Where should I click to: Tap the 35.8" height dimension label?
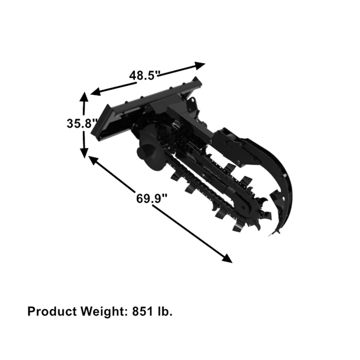tap(82, 123)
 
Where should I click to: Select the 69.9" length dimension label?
tap(152, 198)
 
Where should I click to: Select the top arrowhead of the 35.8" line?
tap(84, 96)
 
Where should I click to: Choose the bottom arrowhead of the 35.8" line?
tap(84, 153)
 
